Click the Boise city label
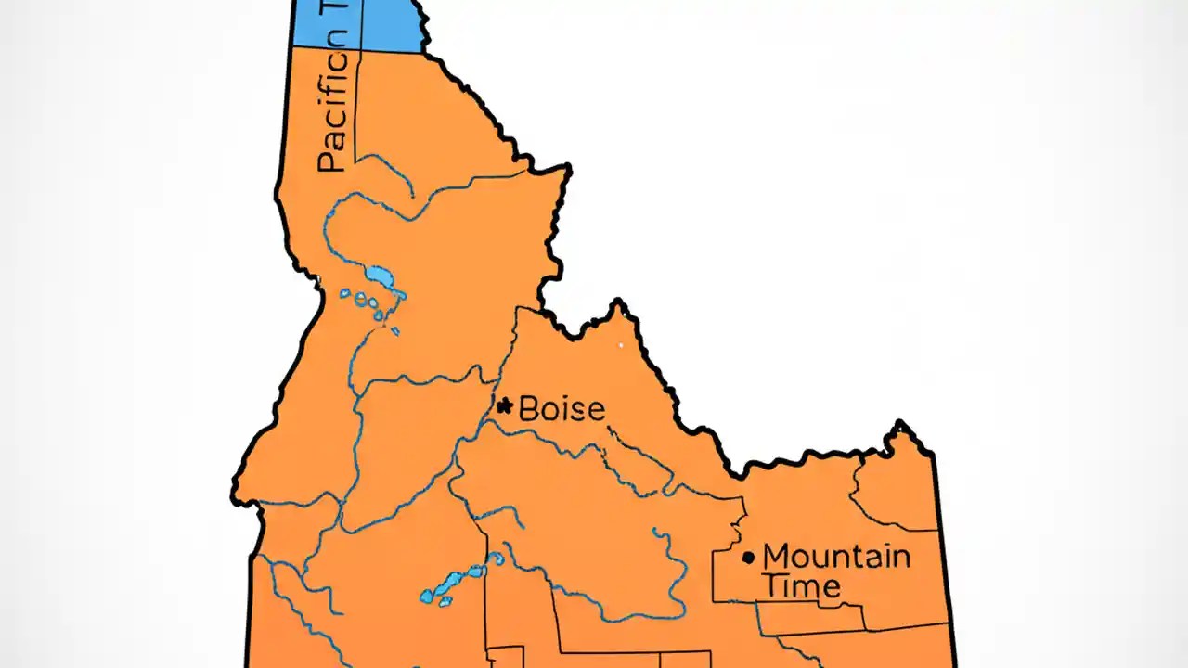pos(561,408)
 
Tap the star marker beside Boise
pos(505,405)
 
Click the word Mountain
pos(835,557)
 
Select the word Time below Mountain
pos(801,585)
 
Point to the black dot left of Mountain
pos(748,558)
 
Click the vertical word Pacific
pos(331,111)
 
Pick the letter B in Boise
pos(529,408)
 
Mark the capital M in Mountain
pos(776,557)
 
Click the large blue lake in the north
pos(379,276)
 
